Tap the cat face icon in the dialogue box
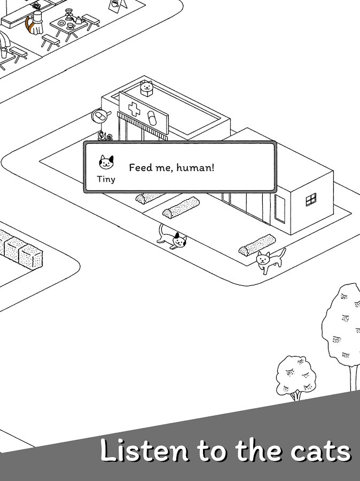pyautogui.click(x=106, y=162)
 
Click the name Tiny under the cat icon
pyautogui.click(x=106, y=179)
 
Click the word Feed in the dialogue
pyautogui.click(x=140, y=167)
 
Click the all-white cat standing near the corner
pyautogui.click(x=269, y=260)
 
